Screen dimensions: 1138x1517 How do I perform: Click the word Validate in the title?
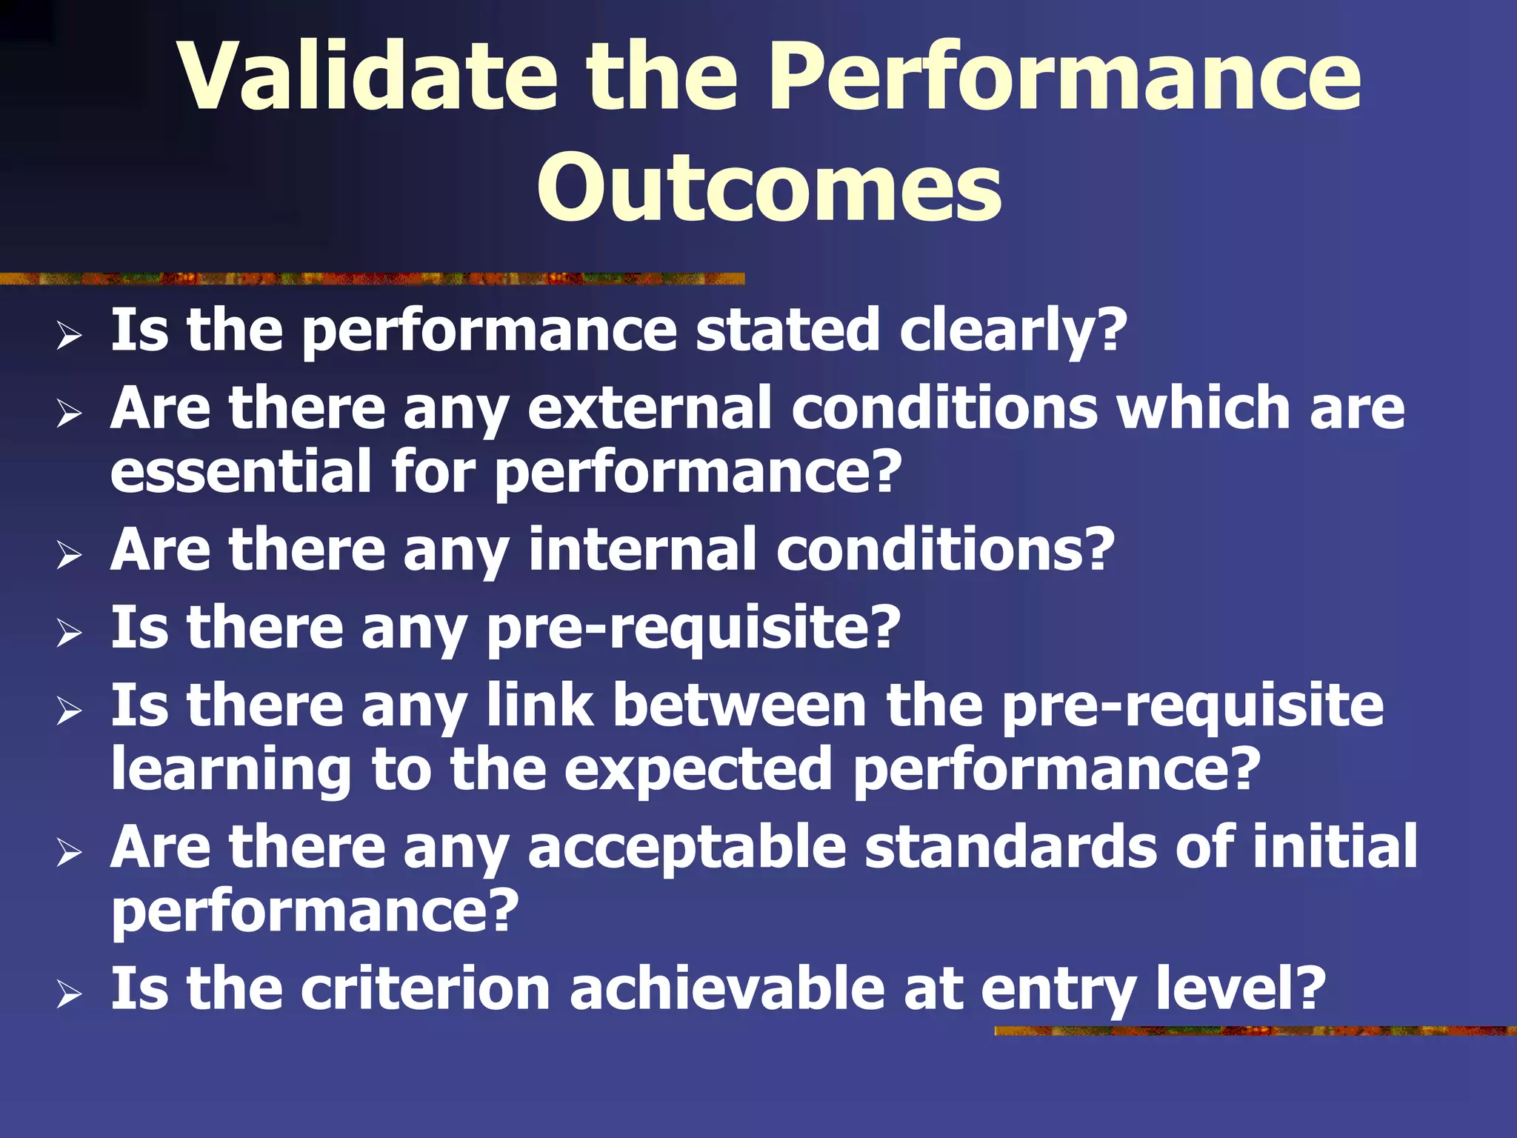368,76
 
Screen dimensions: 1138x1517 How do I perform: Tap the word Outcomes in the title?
769,187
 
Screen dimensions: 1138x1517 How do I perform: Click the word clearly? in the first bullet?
1013,330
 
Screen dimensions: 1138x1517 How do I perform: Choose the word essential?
241,471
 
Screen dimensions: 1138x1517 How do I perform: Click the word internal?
642,550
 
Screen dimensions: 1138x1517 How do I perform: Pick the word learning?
231,771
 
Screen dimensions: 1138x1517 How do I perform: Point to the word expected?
698,771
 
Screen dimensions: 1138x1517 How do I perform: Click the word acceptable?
687,847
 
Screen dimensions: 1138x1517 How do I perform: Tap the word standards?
1010,847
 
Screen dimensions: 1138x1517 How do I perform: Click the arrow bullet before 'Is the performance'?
69,337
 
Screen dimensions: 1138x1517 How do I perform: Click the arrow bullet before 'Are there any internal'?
69,556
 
